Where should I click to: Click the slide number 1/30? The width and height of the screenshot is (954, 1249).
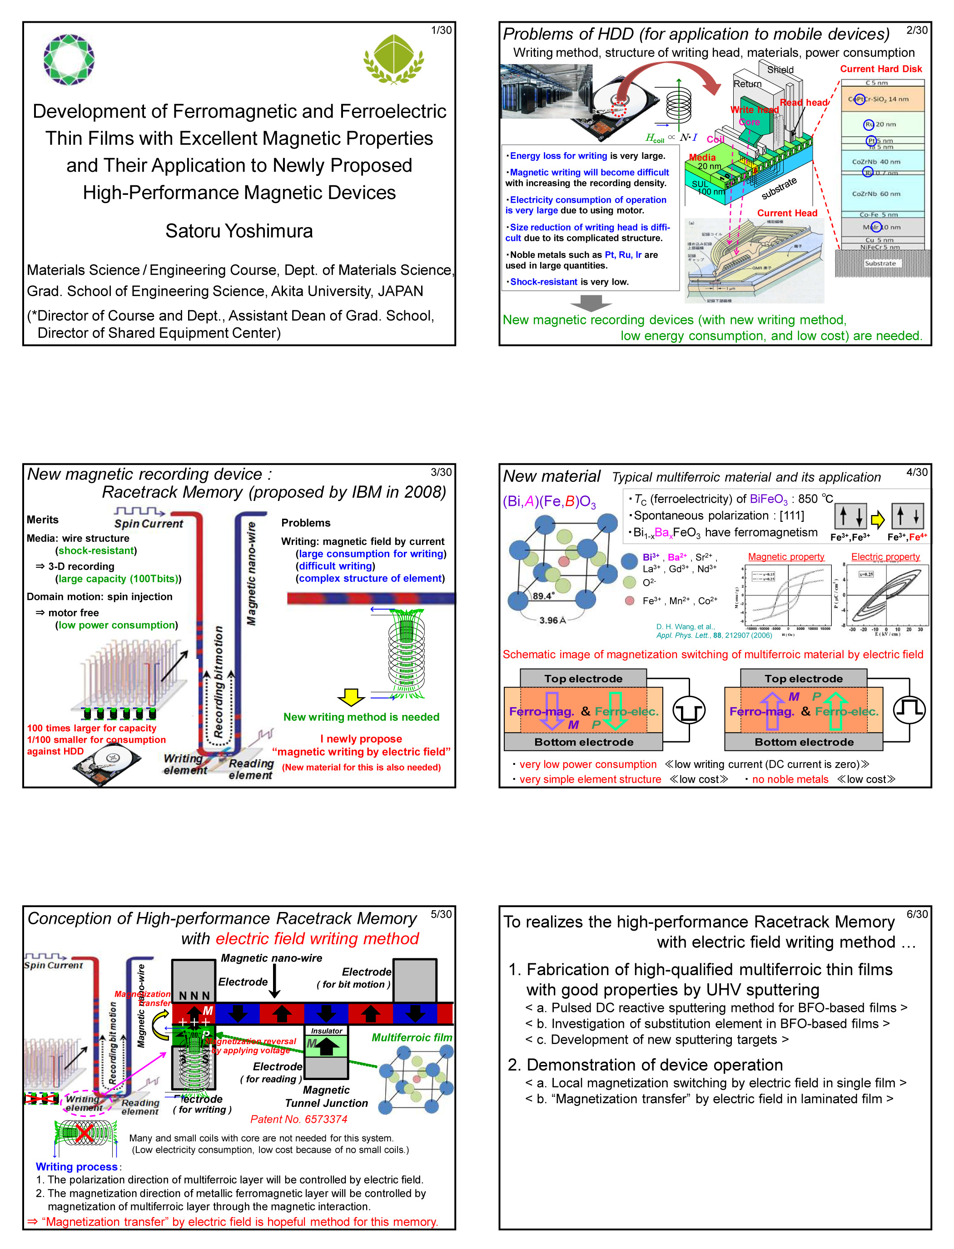(441, 30)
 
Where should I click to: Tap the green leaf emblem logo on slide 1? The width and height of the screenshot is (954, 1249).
(394, 59)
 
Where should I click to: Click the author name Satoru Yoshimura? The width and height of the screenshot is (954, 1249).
(239, 231)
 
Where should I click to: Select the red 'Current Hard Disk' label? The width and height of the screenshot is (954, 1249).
(881, 69)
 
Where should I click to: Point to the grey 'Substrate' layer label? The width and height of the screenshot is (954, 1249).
(880, 263)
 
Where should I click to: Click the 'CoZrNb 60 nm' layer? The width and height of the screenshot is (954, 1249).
(876, 193)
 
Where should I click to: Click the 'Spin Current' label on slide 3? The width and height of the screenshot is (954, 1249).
(149, 523)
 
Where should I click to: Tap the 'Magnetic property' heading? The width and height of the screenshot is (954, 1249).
(786, 557)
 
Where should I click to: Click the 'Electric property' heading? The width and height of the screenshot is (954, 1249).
(885, 557)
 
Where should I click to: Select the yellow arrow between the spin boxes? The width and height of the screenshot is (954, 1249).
(878, 518)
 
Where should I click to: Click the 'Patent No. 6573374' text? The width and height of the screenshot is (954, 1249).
(299, 1119)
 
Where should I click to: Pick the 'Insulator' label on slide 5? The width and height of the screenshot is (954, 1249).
(327, 1031)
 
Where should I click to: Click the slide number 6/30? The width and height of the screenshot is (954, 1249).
(917, 914)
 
